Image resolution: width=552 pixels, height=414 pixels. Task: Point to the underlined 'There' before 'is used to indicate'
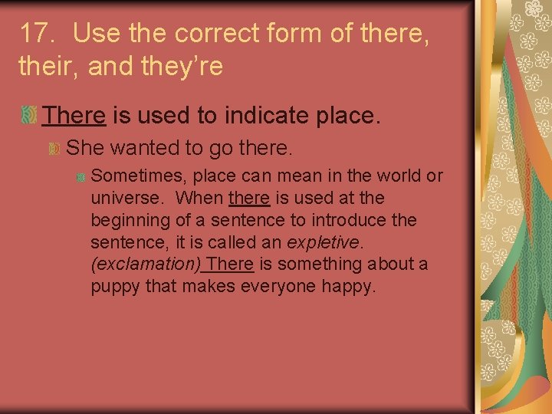pyautogui.click(x=74, y=116)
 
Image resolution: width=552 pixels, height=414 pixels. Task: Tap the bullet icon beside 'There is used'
pyautogui.click(x=28, y=116)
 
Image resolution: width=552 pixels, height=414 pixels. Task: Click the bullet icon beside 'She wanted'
pyautogui.click(x=54, y=147)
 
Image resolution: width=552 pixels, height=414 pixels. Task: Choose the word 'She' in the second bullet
pyautogui.click(x=82, y=146)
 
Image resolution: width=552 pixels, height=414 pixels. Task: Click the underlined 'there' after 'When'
pyautogui.click(x=249, y=199)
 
